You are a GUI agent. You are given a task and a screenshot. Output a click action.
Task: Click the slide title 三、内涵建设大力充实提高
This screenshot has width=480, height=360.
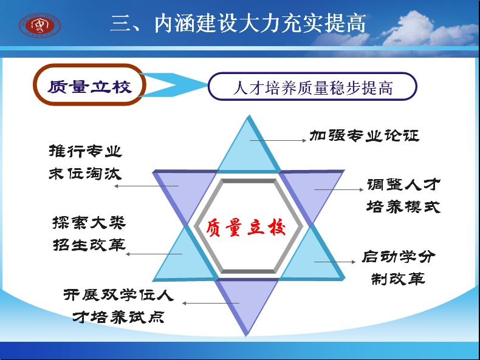(238, 23)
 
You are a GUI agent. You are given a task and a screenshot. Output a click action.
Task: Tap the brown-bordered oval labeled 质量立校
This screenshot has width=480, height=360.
(89, 85)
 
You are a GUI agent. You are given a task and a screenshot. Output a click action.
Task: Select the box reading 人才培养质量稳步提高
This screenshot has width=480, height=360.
(312, 87)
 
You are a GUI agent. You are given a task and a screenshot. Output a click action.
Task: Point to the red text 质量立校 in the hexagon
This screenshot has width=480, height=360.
(246, 228)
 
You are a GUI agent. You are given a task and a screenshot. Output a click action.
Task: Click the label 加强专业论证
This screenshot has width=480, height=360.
(365, 135)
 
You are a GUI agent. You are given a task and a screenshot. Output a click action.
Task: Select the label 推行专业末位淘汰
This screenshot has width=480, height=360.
(86, 163)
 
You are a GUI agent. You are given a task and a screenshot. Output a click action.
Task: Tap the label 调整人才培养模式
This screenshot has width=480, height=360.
(403, 195)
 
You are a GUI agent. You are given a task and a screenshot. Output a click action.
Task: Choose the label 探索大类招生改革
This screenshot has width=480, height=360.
(89, 234)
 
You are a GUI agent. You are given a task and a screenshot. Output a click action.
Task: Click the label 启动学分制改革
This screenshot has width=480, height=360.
(398, 268)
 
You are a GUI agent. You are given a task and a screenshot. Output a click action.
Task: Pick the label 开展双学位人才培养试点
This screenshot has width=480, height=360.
(118, 306)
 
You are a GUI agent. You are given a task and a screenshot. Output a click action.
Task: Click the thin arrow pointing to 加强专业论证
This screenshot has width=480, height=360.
(278, 140)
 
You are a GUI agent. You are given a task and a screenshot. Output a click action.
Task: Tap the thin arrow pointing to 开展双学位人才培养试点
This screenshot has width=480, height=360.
(211, 303)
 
